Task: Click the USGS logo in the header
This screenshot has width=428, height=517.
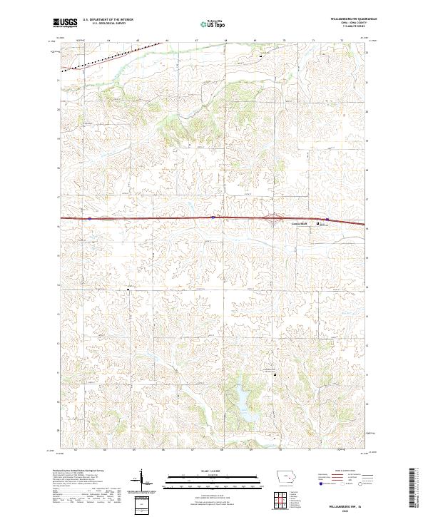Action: point(65,23)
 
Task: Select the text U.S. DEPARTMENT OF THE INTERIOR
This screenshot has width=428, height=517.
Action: point(108,21)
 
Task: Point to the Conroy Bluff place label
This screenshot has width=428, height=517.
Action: point(298,224)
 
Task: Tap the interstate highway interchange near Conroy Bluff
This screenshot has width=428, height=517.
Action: point(275,219)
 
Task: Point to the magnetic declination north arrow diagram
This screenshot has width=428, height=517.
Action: point(141,481)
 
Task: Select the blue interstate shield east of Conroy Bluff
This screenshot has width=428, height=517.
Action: point(327,219)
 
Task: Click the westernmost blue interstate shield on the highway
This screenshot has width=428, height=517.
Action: point(89,217)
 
